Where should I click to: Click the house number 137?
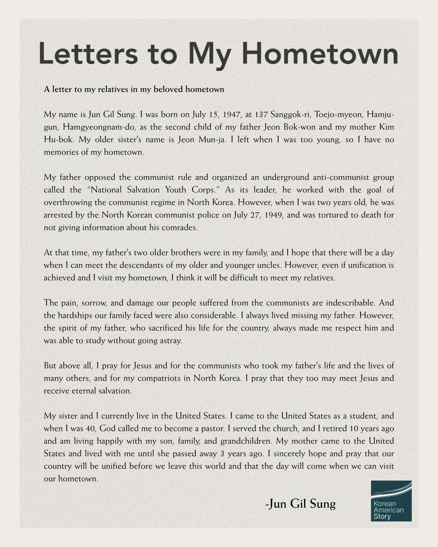pos(261,114)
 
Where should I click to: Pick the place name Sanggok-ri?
pos(290,114)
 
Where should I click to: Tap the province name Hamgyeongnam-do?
pos(98,127)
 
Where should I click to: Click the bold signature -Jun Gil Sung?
pos(301,504)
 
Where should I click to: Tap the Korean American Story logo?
pos(391,501)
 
